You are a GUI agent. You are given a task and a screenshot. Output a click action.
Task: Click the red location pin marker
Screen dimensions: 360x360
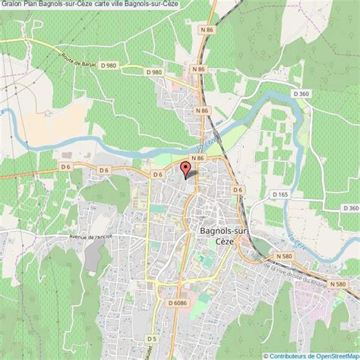click(x=187, y=169)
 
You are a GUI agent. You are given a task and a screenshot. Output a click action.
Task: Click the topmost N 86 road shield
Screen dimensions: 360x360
click(x=198, y=69)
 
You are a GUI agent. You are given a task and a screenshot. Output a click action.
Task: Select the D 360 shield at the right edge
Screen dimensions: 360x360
click(x=349, y=207)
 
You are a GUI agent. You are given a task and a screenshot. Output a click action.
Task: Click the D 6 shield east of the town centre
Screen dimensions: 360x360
click(x=238, y=189)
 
